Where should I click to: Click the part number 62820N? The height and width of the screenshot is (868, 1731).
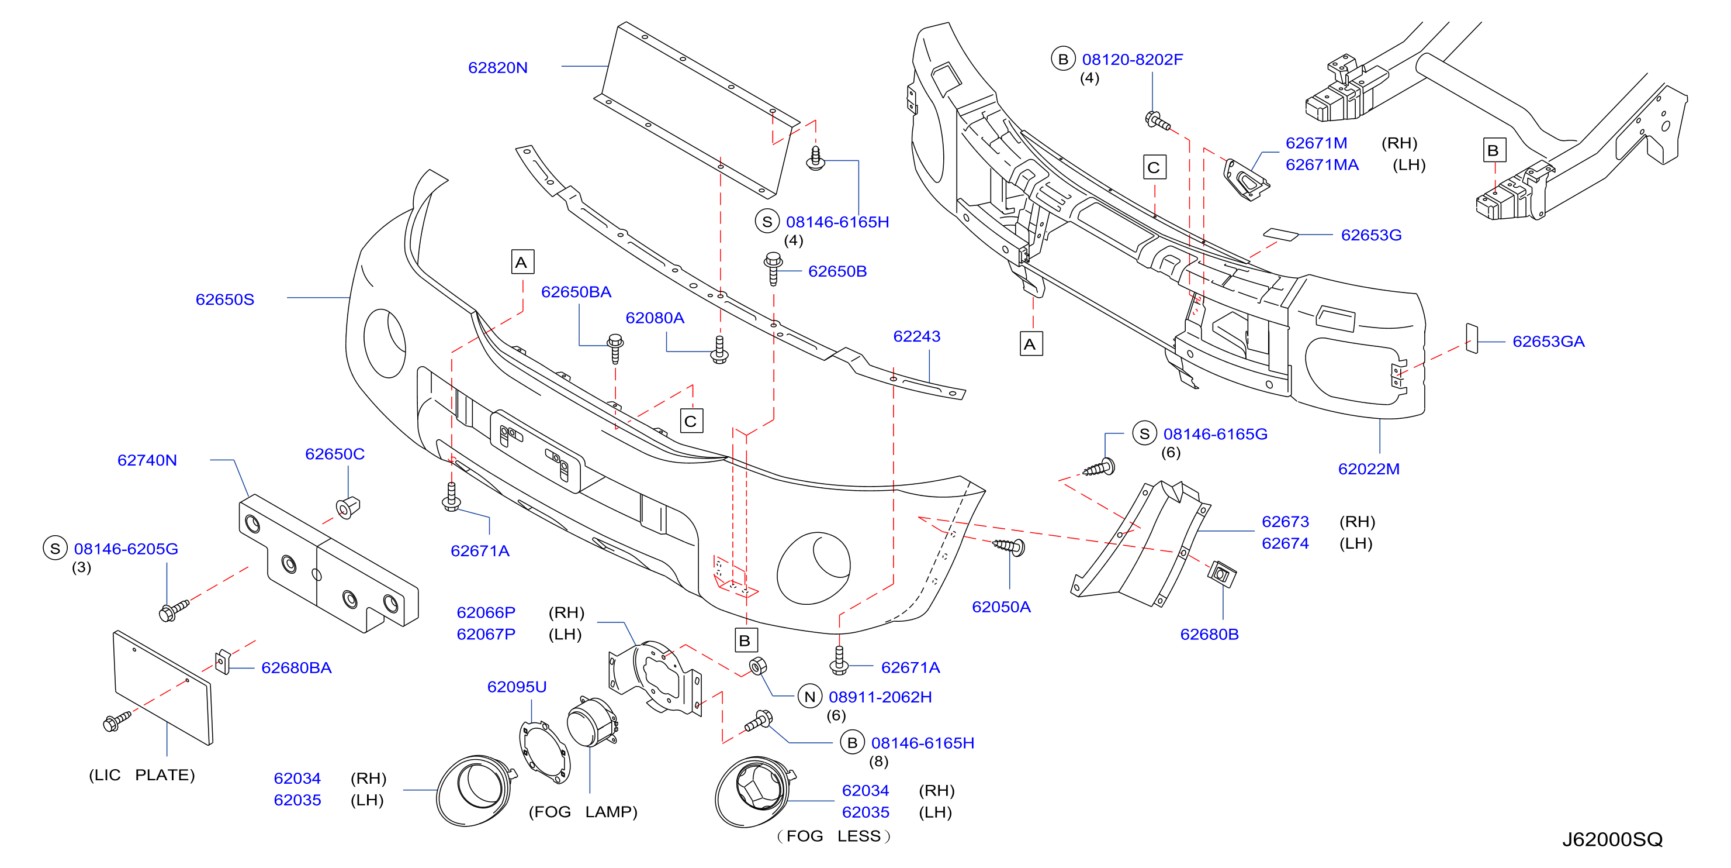pos(497,67)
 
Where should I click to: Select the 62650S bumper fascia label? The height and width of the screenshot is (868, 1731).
pos(224,299)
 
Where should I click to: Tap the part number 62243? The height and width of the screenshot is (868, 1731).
pos(916,336)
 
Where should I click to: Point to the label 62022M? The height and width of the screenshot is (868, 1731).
pos(1368,469)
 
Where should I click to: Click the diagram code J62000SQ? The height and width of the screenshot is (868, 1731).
pos(1612,839)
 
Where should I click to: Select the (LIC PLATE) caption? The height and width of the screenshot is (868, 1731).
pos(142,774)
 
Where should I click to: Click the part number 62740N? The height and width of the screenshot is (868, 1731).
pos(147,460)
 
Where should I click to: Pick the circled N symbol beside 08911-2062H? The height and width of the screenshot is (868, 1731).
pos(810,697)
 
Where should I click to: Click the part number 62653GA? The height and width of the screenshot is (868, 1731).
pos(1548,342)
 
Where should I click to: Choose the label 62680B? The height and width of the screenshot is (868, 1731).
pos(1209,634)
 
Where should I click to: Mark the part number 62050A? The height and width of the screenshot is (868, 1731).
pos(1000,607)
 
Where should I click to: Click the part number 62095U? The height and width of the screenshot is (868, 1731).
pos(517,687)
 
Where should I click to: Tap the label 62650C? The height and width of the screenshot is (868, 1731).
pos(335,454)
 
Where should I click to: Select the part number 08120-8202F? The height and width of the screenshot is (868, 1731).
pos(1132,59)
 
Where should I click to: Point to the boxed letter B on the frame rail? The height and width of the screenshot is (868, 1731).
pos(1494,150)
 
